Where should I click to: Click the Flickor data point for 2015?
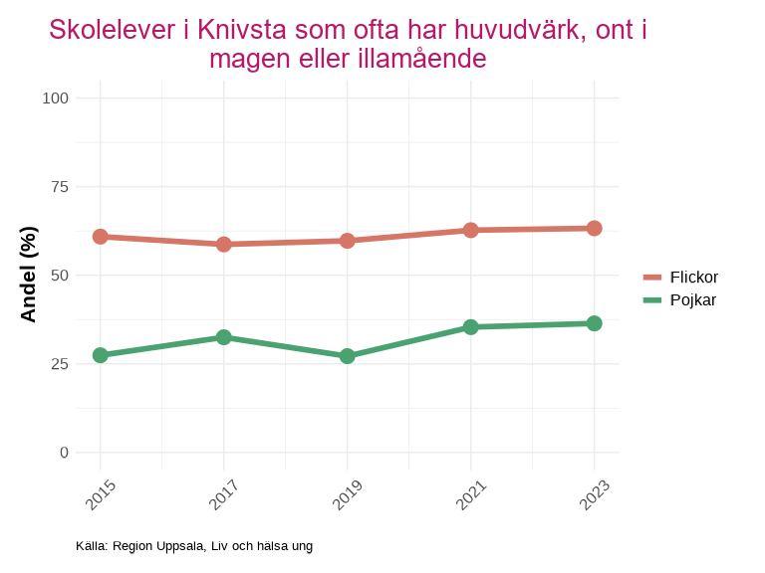100,237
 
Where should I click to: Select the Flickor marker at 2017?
223,244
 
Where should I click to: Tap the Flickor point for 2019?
347,241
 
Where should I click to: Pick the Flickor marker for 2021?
470,230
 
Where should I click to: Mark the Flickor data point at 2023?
594,228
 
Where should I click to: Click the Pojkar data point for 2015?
100,355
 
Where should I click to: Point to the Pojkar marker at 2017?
223,337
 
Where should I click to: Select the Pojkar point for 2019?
347,355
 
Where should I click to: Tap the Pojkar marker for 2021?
470,326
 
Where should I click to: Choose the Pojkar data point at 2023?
594,323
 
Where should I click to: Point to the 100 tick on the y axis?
56,97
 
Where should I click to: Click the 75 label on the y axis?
60,186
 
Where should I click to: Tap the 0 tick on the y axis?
65,452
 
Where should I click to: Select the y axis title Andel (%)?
29,275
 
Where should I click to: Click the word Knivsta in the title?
236,30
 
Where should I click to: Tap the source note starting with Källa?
193,545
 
